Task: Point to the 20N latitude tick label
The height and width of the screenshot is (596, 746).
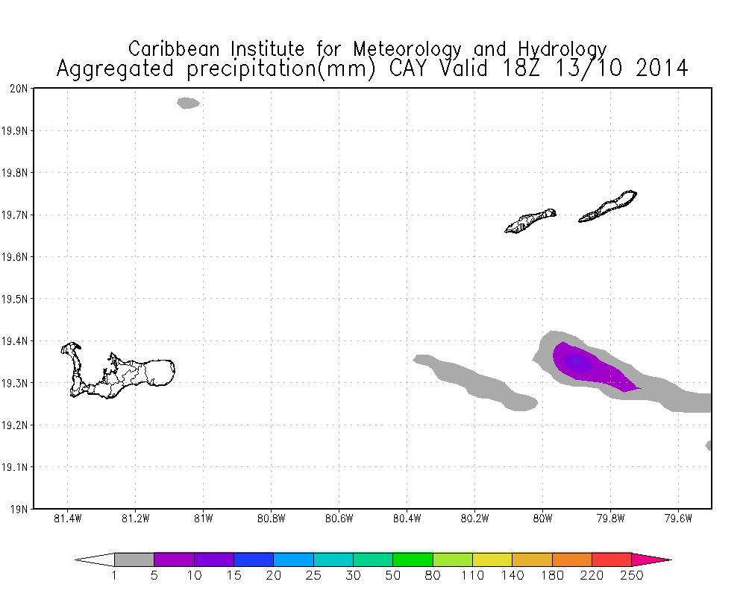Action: click(18, 89)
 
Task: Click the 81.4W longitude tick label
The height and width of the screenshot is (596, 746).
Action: click(68, 519)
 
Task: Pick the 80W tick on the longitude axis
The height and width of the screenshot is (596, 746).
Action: click(542, 519)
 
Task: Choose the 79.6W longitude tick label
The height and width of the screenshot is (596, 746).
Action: click(678, 519)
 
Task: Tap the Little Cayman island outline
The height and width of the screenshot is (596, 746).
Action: click(530, 221)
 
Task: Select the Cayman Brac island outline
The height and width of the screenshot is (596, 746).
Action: click(608, 206)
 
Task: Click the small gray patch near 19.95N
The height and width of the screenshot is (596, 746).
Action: click(188, 103)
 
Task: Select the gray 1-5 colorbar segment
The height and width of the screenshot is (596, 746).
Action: click(134, 559)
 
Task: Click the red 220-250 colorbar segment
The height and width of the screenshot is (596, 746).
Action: click(612, 559)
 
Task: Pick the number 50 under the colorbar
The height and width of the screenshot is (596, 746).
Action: click(393, 575)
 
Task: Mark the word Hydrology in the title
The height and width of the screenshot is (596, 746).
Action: click(560, 49)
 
